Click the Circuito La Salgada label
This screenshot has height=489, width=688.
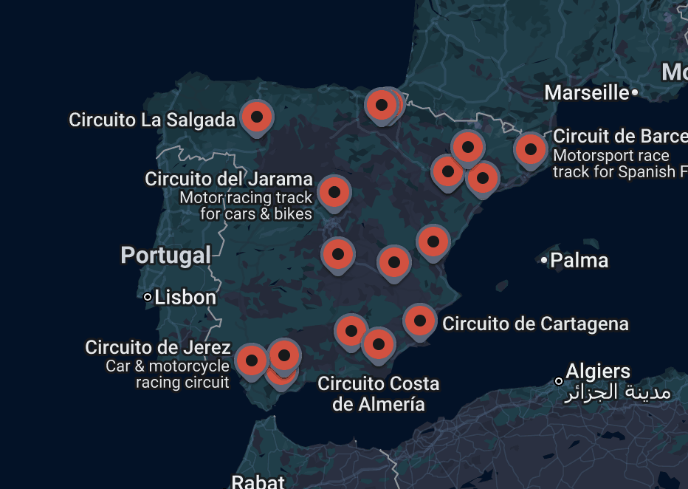coord(152,120)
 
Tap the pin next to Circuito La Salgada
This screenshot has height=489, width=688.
coord(257,117)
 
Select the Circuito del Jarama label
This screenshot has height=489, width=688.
coord(229,179)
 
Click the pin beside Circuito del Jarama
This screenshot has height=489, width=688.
coord(334,192)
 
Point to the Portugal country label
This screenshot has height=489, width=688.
coord(166,256)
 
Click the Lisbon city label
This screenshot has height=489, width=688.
coord(185,297)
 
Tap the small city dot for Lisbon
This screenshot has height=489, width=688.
coord(148,297)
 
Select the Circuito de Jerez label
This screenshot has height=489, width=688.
coord(158,347)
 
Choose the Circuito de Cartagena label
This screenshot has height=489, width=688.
coord(535,324)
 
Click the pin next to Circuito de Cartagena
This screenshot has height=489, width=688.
coord(419,321)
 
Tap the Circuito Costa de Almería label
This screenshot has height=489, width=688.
coord(378,394)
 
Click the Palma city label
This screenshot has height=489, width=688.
coord(579,260)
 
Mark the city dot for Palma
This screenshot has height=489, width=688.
coord(544,260)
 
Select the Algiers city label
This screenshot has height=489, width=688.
coord(598,371)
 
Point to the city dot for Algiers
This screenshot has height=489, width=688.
coord(559,381)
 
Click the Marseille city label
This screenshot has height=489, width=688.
coord(586,92)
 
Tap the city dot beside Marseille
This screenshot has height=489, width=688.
coord(634,92)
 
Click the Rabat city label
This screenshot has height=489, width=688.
coord(258,482)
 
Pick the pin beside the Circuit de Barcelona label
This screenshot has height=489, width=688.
coord(530,149)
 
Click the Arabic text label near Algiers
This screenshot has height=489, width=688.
coord(618,392)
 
